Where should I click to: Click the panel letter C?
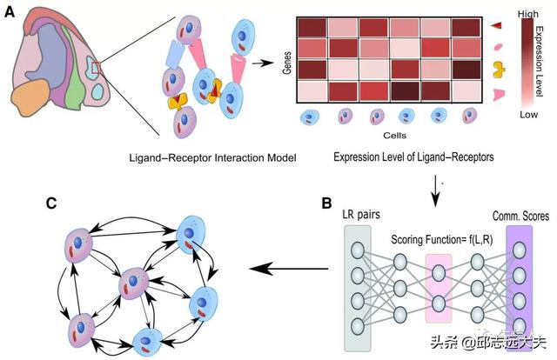coord(53,204)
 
